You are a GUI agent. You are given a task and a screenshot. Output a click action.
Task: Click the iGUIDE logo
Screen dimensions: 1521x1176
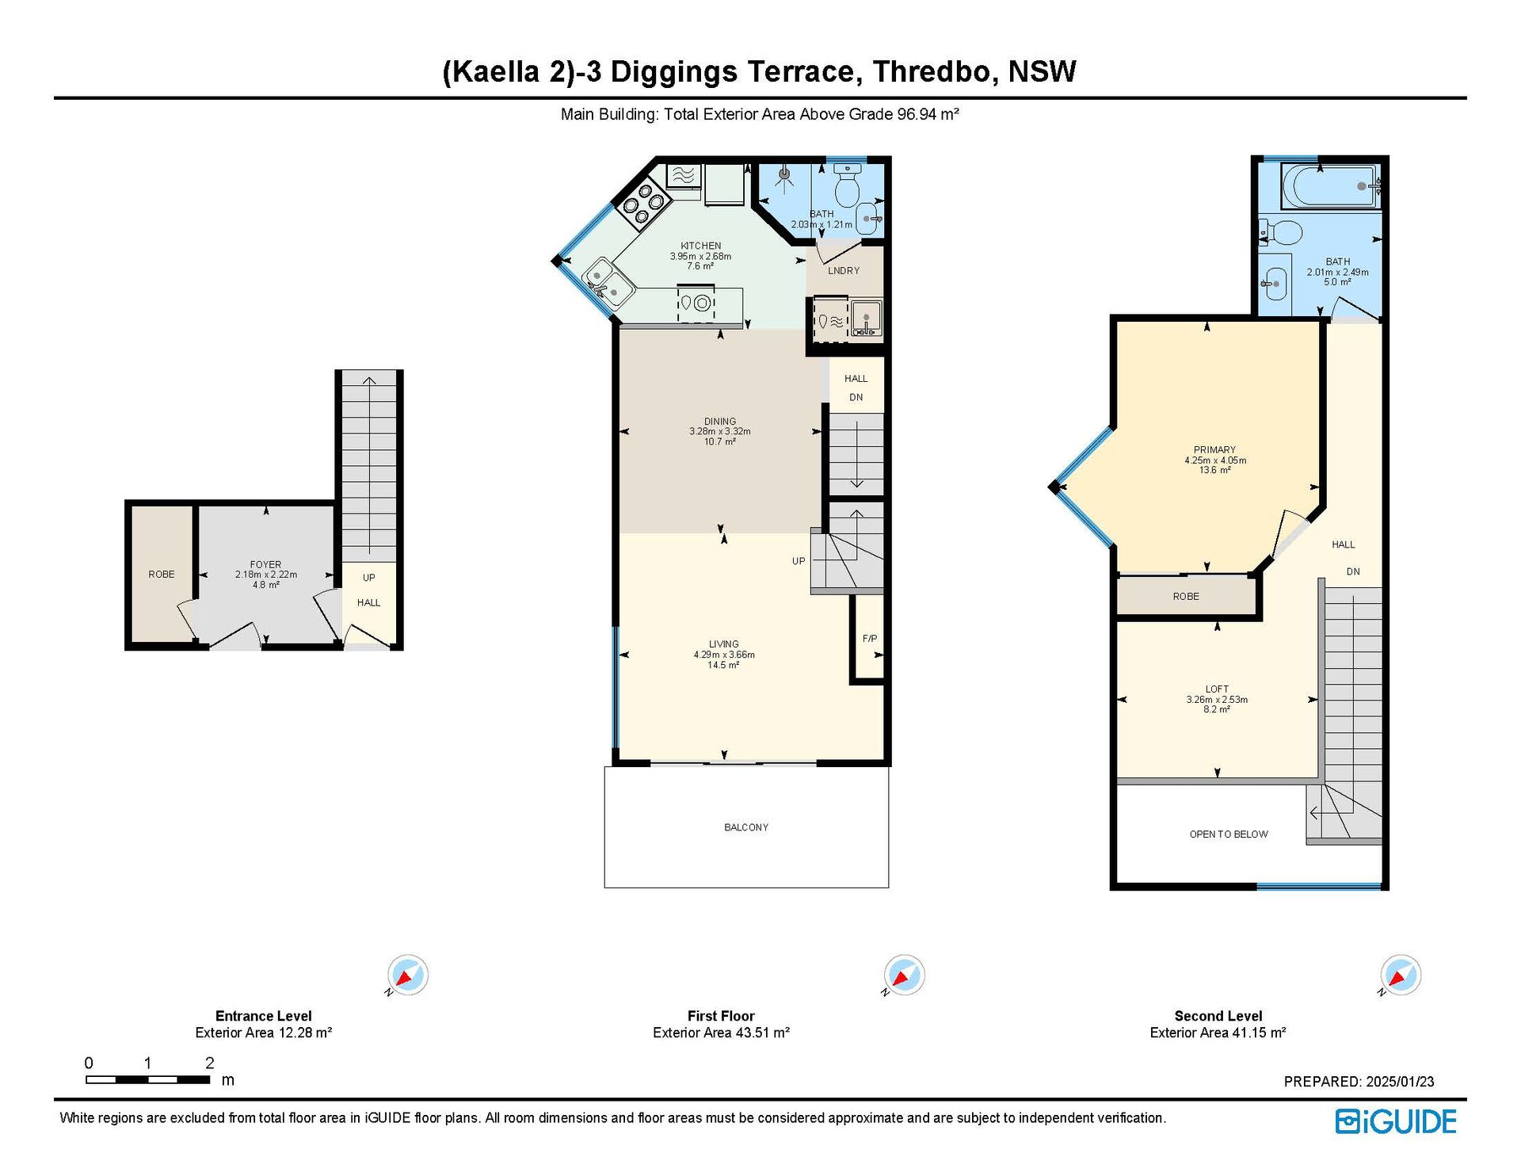[x=1396, y=1121]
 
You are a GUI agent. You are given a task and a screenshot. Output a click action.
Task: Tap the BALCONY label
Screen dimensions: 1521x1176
[x=746, y=827]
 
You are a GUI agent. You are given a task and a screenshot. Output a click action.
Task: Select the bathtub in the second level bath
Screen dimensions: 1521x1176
[x=1332, y=186]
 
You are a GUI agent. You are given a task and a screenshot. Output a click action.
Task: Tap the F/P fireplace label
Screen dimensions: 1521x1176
[x=870, y=639]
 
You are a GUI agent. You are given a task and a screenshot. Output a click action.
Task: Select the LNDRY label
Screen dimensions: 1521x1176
[x=844, y=271]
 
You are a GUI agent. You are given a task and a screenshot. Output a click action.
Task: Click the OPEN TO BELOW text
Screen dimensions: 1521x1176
[x=1229, y=834]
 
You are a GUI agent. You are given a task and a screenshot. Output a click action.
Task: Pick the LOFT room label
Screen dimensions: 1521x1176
[x=1218, y=689]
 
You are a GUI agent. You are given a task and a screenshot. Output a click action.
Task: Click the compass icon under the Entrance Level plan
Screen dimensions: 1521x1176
[x=408, y=975]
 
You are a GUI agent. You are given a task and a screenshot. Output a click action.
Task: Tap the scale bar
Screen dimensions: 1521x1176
[x=148, y=1079]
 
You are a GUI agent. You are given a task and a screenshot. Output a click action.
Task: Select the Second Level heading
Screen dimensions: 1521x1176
[x=1218, y=1016]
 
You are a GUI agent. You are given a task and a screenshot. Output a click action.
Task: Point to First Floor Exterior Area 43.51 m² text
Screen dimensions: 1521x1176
[x=721, y=1033]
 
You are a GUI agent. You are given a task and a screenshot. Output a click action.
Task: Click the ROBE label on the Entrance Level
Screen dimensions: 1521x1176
[x=162, y=575]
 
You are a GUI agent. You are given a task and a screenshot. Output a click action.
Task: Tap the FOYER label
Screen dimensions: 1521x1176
[x=265, y=565]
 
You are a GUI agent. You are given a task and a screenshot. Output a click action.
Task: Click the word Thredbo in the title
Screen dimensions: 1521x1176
[x=932, y=72]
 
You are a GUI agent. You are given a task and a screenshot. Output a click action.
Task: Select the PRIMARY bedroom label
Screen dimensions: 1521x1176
[x=1214, y=450]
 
